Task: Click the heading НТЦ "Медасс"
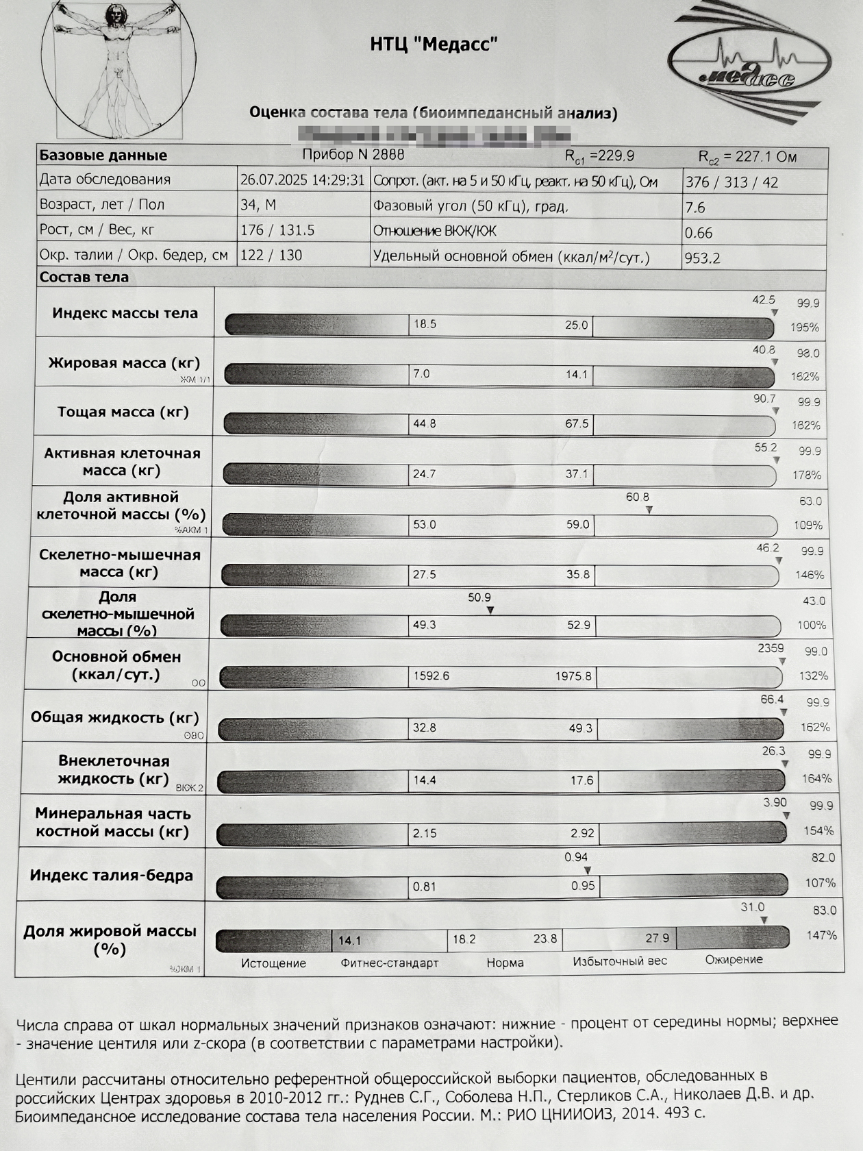[434, 45]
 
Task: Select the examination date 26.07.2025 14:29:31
[302, 180]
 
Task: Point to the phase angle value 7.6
[695, 208]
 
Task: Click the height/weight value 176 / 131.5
[277, 230]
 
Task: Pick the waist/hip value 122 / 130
[271, 255]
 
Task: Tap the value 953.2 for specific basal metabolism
[702, 258]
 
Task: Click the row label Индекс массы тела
[125, 313]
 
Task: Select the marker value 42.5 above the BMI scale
[764, 299]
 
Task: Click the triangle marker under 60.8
[649, 510]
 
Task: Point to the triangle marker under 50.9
[490, 610]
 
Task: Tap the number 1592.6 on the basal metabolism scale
[431, 676]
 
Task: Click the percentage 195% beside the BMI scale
[805, 327]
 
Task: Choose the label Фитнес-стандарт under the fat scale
[389, 963]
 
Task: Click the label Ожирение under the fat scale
[734, 959]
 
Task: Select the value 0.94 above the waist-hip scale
[576, 857]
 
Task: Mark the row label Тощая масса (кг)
[123, 412]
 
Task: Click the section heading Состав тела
[84, 277]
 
